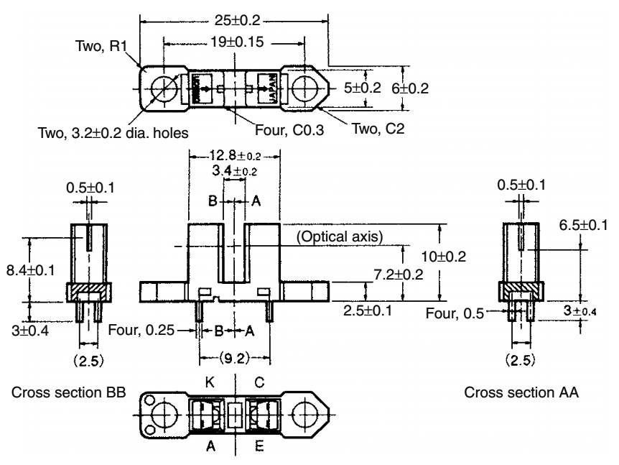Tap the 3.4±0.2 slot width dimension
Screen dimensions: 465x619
(x=237, y=171)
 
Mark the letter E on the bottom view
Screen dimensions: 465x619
(x=258, y=445)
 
